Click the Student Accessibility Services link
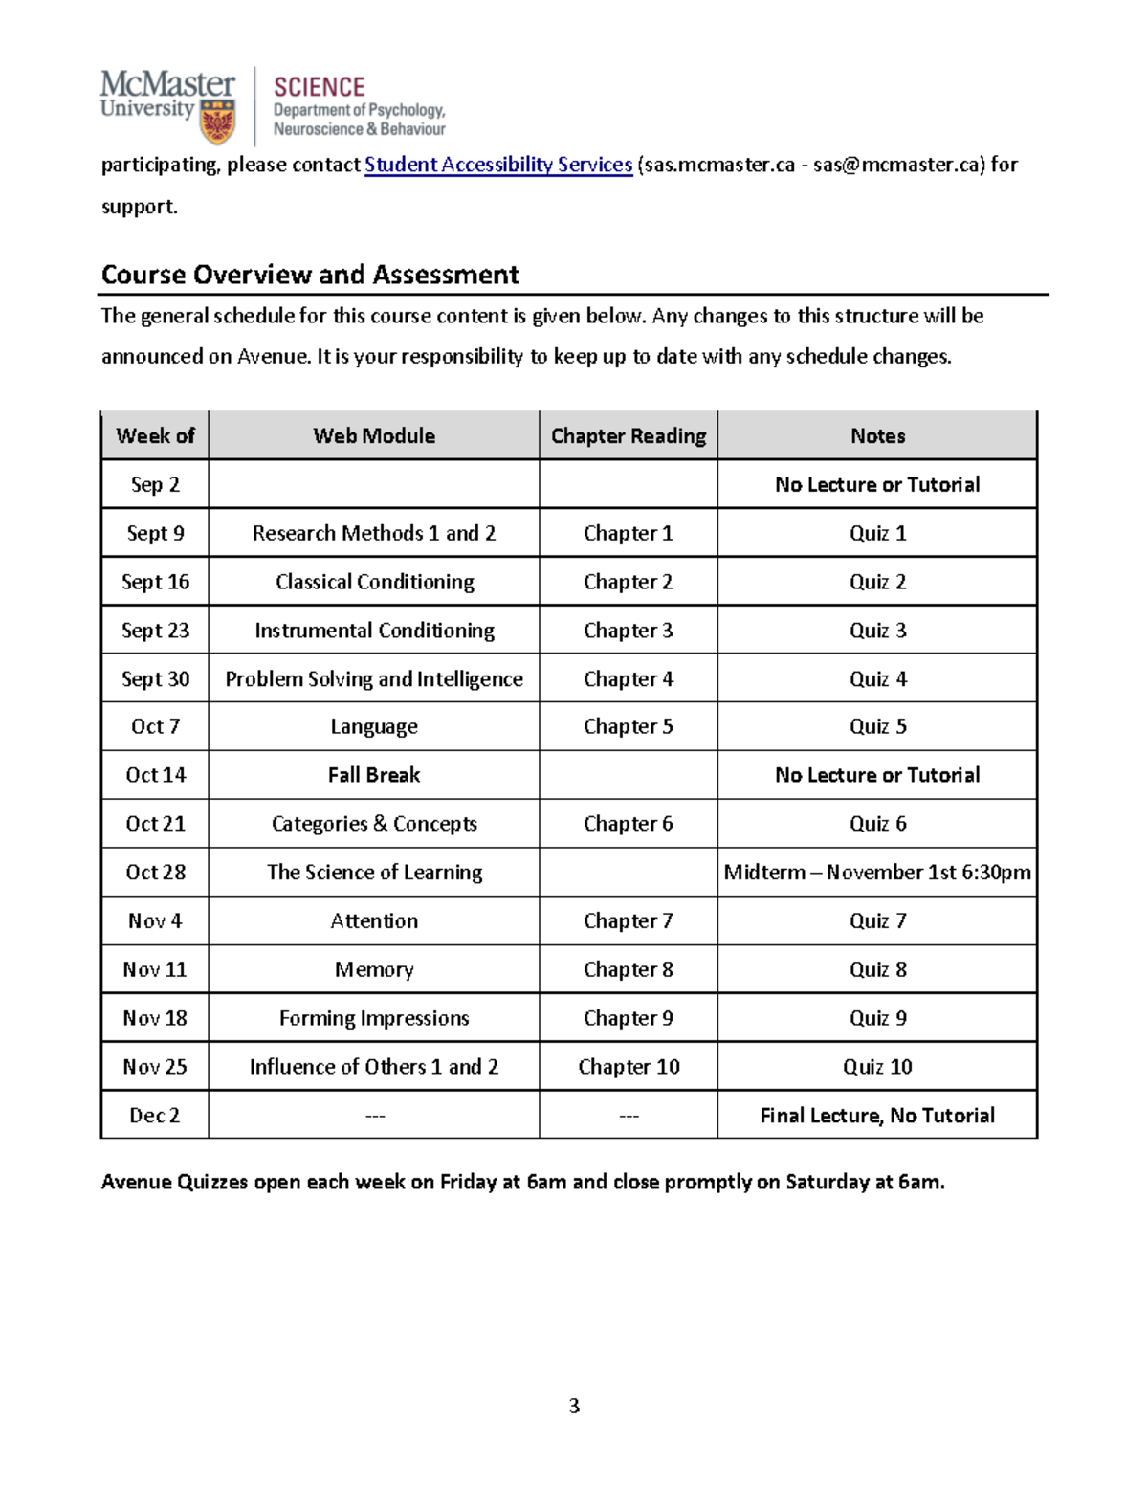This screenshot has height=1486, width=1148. pos(498,165)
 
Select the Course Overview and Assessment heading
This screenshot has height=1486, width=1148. pos(310,275)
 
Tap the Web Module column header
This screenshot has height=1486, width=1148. pos(374,436)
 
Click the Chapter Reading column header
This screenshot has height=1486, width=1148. pos(629,436)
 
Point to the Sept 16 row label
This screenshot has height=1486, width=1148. pos(155,582)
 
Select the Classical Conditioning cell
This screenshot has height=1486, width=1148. pos(374,582)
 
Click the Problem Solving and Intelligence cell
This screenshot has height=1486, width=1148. pos(374,679)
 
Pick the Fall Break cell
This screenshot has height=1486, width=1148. pos(374,775)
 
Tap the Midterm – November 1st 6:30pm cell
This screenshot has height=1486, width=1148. pos(877,873)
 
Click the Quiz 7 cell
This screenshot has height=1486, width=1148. pos(877,921)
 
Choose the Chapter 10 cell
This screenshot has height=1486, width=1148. pos(629,1067)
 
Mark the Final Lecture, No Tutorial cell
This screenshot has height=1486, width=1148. pos(877,1116)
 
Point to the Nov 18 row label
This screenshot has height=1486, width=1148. pos(155,1018)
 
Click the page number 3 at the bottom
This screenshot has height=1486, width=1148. pos(574,1406)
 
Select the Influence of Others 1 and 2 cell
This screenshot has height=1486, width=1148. pos(374,1067)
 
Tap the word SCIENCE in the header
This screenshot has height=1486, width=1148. pos(319,87)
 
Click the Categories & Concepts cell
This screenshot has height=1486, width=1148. pos(374,824)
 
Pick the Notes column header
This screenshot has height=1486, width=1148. pos(877,436)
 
